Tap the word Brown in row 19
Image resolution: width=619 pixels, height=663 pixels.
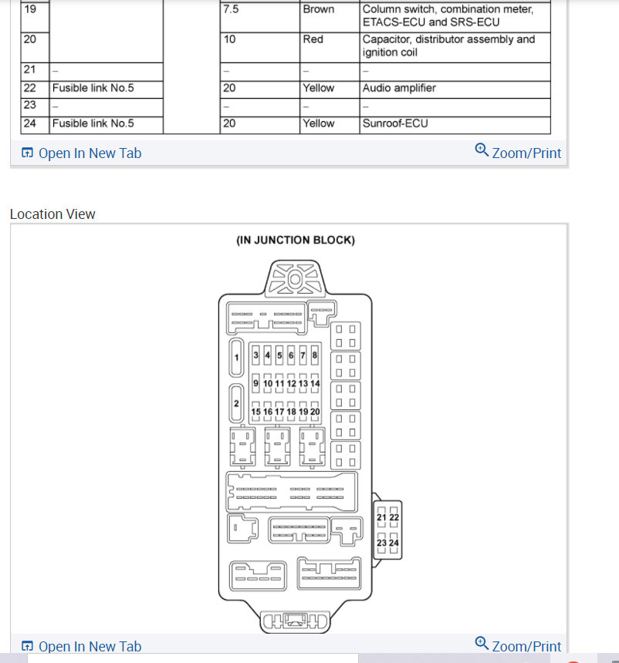(318, 9)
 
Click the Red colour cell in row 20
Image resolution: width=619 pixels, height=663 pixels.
(313, 39)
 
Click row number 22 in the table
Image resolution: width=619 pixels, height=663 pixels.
(31, 88)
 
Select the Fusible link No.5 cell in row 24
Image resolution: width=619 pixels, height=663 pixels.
(93, 123)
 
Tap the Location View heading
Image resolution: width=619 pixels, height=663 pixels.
(52, 214)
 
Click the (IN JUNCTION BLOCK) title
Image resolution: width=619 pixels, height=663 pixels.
(296, 241)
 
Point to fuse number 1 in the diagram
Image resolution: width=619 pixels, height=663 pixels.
(237, 357)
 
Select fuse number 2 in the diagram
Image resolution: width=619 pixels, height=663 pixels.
(237, 404)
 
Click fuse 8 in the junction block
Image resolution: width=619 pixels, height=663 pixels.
(315, 355)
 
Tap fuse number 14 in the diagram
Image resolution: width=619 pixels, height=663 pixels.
(315, 383)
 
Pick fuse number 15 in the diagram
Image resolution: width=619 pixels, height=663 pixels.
(256, 412)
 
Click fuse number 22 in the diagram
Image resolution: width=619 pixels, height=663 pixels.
(394, 517)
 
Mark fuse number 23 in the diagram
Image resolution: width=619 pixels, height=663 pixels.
(381, 543)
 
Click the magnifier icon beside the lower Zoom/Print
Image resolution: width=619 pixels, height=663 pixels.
(482, 643)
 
